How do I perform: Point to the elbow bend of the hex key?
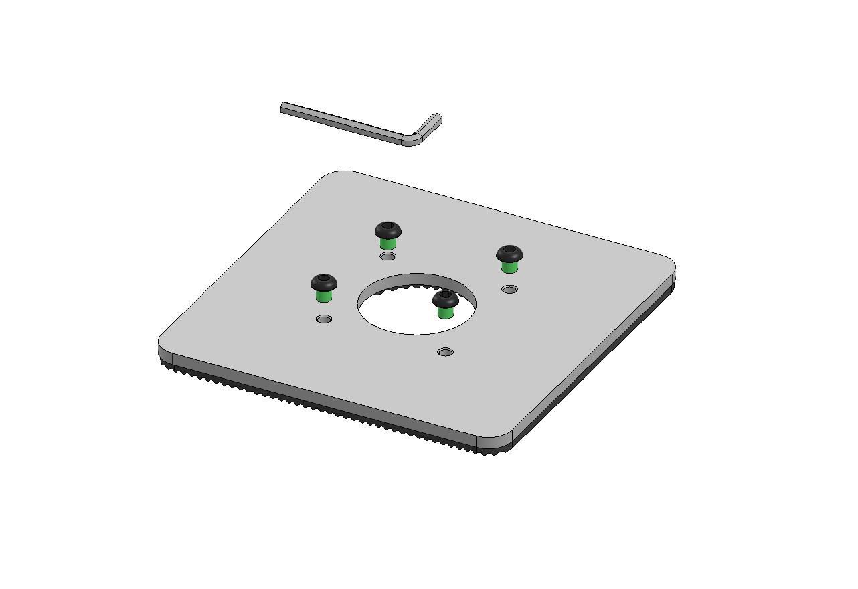(412, 139)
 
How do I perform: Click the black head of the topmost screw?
(388, 230)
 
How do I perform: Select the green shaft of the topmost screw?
(388, 244)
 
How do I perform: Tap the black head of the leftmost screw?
(324, 283)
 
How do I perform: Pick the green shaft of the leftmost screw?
(324, 297)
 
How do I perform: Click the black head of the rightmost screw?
(509, 254)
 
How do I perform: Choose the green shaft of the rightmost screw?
(509, 268)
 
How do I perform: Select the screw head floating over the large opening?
(445, 299)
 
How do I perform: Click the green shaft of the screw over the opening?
(445, 313)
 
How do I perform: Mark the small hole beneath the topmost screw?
(388, 256)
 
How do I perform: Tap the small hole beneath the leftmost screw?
(324, 319)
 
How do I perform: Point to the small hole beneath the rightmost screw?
(509, 290)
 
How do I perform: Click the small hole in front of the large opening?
(445, 352)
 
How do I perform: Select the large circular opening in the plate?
(402, 315)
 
